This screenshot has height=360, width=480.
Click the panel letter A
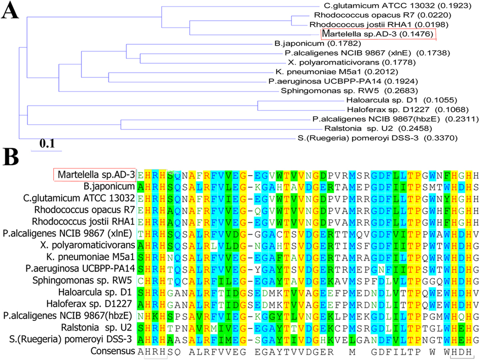point(10,11)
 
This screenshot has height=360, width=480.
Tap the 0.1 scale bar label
point(47,143)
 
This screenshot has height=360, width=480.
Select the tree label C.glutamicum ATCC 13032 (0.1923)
point(398,6)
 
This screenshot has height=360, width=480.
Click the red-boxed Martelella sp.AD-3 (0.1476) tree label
point(378,34)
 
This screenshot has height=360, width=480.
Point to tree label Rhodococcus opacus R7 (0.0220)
point(383,15)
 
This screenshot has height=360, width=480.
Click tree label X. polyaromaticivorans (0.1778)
point(352,62)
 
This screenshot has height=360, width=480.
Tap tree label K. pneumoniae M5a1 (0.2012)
point(337,72)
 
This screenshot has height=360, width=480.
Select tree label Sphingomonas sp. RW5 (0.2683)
point(349,91)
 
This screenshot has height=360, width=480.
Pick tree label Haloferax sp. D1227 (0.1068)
point(408,110)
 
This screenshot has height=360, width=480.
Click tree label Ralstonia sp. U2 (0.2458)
point(378,128)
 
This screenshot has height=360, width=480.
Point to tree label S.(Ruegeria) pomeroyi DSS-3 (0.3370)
point(378,138)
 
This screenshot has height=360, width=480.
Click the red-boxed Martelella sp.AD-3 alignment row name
point(96,175)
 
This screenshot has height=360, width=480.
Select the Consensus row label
point(113,351)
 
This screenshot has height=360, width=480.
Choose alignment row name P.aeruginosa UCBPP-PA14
point(80,269)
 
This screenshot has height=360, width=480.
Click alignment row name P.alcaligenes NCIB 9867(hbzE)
point(67,316)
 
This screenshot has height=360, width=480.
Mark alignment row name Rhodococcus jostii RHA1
point(83,221)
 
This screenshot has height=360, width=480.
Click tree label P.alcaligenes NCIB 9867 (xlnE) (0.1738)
point(367,53)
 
